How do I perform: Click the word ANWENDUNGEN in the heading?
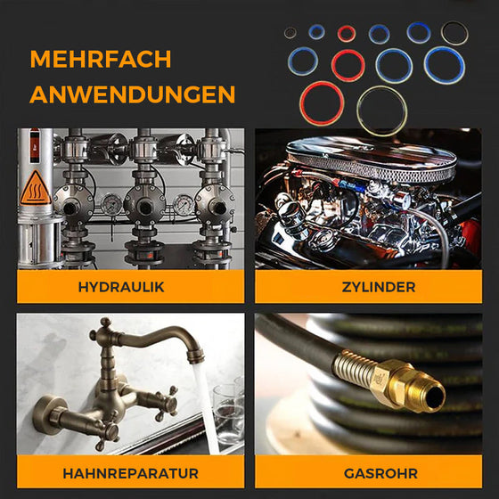point(133,94)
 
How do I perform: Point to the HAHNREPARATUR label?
point(130,472)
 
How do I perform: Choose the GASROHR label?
point(369,472)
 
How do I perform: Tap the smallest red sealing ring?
point(347,34)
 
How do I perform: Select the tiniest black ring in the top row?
point(290,33)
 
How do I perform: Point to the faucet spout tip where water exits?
point(195,357)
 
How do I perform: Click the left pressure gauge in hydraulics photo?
point(110,204)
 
